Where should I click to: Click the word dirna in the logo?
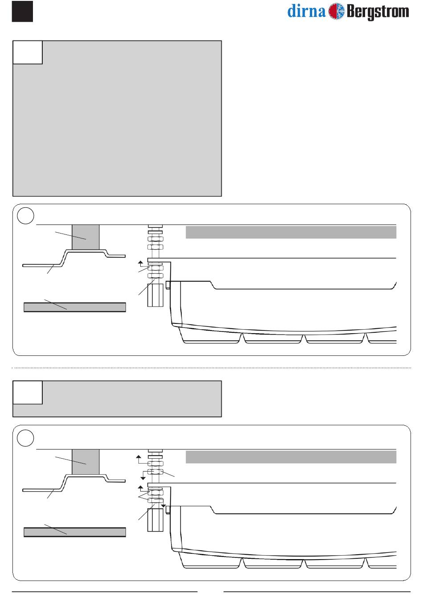pos(307,12)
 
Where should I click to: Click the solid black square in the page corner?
pos(23,11)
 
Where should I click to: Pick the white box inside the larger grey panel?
pos(28,52)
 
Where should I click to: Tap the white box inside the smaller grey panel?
pos(28,392)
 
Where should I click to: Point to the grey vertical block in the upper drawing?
pos(85,237)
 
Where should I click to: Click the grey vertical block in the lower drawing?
pos(85,462)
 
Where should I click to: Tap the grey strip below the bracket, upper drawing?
pos(75,307)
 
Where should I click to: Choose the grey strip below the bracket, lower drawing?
pos(75,532)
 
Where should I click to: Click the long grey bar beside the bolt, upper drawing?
pos(291,232)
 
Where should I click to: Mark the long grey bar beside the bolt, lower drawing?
pos(291,457)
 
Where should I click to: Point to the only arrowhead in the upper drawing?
pos(140,263)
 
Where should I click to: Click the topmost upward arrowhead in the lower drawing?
pos(138,456)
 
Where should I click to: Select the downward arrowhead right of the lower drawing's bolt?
pos(163,506)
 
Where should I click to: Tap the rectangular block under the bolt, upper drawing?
pos(156,295)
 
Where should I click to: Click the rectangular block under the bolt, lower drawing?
pos(156,520)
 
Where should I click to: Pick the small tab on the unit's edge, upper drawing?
pos(168,285)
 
